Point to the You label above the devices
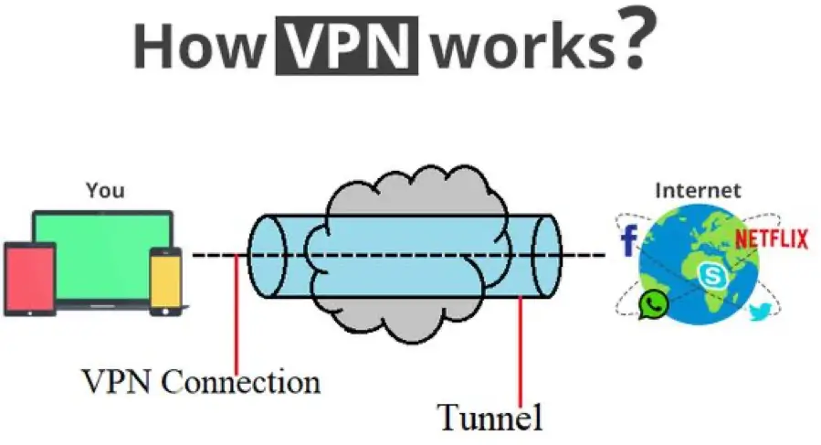click(x=105, y=191)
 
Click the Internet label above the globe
click(x=699, y=191)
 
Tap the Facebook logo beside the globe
click(x=628, y=242)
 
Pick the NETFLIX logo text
click(x=773, y=239)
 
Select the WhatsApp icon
click(x=653, y=304)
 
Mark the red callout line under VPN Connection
click(x=237, y=311)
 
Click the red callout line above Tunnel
click(x=521, y=347)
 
